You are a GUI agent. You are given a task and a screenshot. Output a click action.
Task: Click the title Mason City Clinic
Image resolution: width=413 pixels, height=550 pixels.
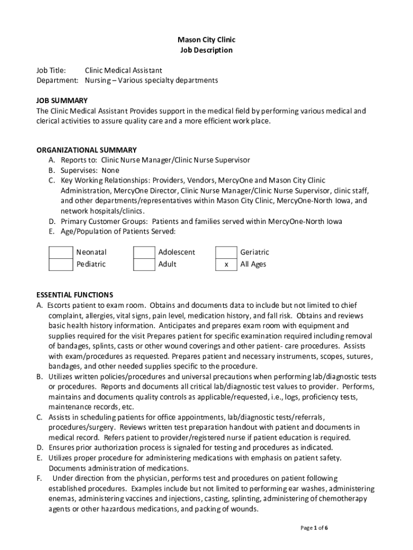tap(206, 40)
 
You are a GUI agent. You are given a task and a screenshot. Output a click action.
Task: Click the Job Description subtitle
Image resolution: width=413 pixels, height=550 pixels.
tap(206, 50)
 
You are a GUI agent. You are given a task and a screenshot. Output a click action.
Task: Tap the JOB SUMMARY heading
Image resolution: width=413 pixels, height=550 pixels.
tap(62, 100)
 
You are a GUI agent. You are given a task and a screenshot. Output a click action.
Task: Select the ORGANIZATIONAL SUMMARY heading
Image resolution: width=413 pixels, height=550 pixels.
tap(86, 150)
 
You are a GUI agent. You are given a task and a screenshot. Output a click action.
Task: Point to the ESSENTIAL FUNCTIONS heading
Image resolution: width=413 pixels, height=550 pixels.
tap(75, 295)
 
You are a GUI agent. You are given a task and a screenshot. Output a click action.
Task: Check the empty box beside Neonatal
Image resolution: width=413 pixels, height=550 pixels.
tap(61, 252)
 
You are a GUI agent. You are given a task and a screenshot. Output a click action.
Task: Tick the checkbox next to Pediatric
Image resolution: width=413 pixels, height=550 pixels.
tap(61, 264)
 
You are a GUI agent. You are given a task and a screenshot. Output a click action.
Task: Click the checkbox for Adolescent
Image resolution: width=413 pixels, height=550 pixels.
tap(144, 252)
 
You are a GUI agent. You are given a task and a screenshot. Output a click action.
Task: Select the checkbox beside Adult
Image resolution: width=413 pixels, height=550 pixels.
tap(144, 264)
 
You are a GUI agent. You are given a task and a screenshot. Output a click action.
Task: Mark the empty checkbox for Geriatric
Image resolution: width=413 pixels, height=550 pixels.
tap(226, 252)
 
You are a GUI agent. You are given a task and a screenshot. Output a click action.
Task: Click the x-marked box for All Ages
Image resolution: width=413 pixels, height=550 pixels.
tap(226, 264)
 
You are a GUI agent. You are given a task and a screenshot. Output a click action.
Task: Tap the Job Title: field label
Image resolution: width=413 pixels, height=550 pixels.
tap(51, 70)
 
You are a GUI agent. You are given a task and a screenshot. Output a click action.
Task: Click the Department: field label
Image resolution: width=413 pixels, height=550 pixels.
tap(57, 81)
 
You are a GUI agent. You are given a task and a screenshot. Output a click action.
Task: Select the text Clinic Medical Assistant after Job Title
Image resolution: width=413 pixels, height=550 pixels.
tap(123, 70)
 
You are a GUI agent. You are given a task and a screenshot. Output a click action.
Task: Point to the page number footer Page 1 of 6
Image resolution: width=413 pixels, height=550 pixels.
tap(314, 528)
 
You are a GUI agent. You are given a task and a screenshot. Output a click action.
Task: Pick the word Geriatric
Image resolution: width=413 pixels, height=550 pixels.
tap(255, 252)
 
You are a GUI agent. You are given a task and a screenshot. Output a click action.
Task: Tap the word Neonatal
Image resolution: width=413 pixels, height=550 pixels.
tap(91, 252)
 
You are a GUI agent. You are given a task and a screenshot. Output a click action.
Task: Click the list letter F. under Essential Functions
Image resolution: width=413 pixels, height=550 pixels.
tap(40, 478)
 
